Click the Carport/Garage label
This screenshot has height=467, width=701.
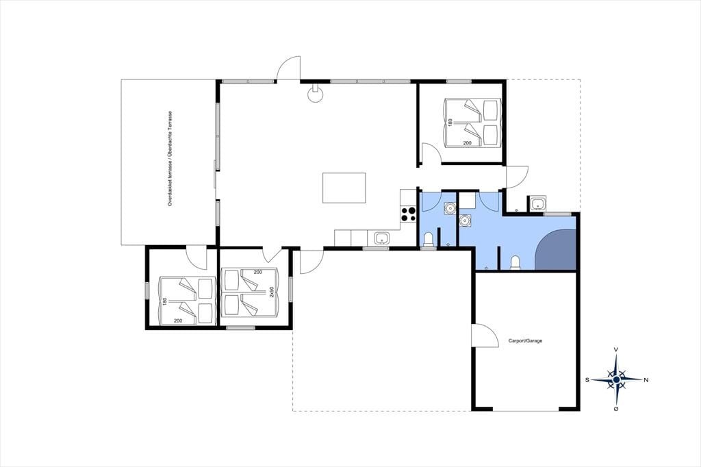pyautogui.click(x=525, y=341)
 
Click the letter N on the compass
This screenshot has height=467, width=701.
pyautogui.click(x=646, y=380)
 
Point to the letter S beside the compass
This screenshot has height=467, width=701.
pyautogui.click(x=587, y=380)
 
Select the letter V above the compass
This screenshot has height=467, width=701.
pyautogui.click(x=617, y=349)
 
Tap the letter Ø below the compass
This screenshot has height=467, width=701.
pyautogui.click(x=617, y=409)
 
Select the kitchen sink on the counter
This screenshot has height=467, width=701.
pyautogui.click(x=381, y=238)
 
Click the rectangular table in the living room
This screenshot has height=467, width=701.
pyautogui.click(x=344, y=188)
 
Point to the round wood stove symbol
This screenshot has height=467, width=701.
pyautogui.click(x=316, y=94)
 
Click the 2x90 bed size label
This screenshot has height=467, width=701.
pyautogui.click(x=271, y=292)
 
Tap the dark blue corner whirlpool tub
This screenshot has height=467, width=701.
pyautogui.click(x=556, y=250)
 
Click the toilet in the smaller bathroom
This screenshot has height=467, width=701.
pyautogui.click(x=428, y=239)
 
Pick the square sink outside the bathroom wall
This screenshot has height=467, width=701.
pyautogui.click(x=537, y=204)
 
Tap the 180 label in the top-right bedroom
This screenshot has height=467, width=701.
pyautogui.click(x=450, y=122)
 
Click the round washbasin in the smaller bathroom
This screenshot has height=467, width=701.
pyautogui.click(x=449, y=208)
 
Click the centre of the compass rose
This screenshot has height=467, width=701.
pyautogui.click(x=617, y=380)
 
